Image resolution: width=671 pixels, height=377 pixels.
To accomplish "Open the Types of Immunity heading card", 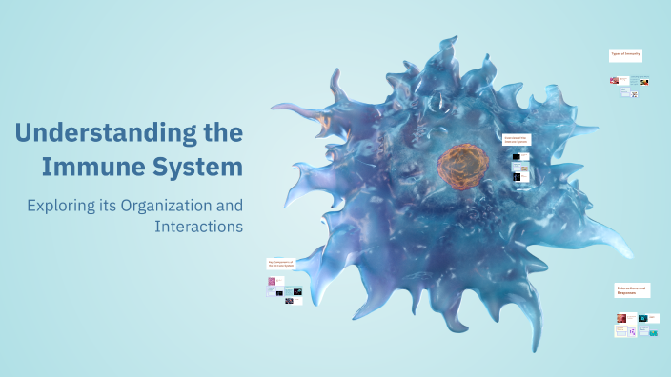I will (625, 55).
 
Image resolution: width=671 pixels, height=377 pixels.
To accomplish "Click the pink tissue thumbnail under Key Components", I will (272, 282).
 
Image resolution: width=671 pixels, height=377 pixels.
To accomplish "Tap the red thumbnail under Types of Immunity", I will (615, 80).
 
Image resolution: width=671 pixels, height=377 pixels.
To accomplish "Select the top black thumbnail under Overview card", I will (517, 155).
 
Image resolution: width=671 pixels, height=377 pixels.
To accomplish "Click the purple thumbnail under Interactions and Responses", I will (632, 333).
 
